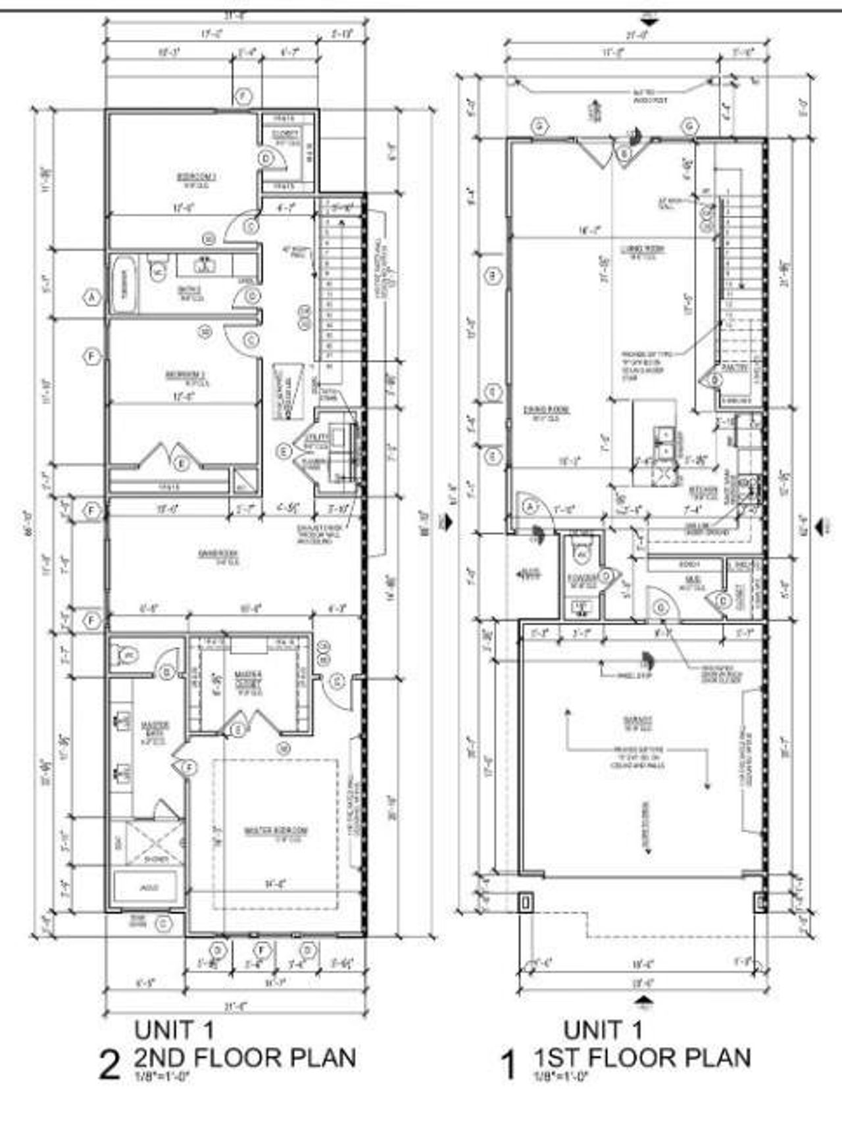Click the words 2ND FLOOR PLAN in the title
pyautogui.click(x=245, y=1058)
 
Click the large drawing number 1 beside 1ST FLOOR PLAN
pyautogui.click(x=508, y=1066)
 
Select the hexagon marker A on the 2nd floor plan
pyautogui.click(x=93, y=298)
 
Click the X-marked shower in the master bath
pyautogui.click(x=154, y=843)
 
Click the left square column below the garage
pyautogui.click(x=526, y=902)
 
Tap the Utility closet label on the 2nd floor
pyautogui.click(x=311, y=437)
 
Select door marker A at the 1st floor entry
pyautogui.click(x=530, y=507)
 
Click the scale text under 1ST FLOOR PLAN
pyautogui.click(x=559, y=1077)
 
